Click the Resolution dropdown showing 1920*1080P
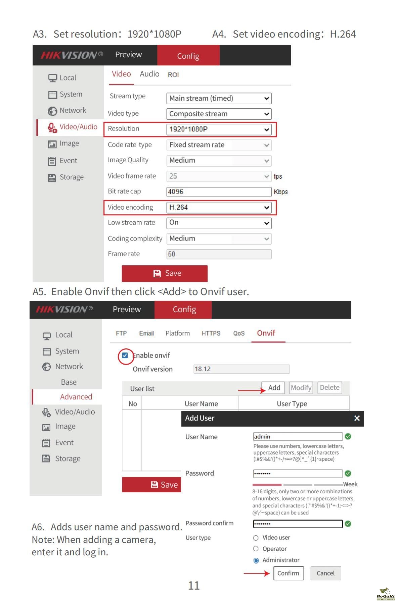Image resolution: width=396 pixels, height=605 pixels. click(219, 129)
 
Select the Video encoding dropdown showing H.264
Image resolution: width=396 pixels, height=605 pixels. click(219, 208)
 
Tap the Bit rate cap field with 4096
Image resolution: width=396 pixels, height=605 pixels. click(219, 192)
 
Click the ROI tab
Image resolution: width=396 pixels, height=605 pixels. click(173, 75)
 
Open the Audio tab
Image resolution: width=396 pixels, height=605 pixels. click(149, 74)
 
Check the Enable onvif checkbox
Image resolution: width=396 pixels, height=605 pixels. click(125, 355)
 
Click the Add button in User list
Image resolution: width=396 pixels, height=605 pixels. click(273, 388)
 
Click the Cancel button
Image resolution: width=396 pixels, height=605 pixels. click(325, 573)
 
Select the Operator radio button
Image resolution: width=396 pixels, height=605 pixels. click(256, 549)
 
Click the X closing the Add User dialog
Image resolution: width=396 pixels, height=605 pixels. click(357, 418)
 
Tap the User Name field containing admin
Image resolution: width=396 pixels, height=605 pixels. click(298, 437)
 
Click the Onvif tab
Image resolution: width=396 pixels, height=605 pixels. click(266, 333)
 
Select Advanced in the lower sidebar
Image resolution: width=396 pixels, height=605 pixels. click(76, 397)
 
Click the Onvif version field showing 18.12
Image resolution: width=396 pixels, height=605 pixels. click(241, 369)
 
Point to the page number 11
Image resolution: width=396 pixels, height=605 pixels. click(194, 586)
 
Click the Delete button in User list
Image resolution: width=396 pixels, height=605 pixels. click(329, 388)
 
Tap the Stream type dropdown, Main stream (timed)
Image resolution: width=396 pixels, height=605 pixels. click(219, 99)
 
